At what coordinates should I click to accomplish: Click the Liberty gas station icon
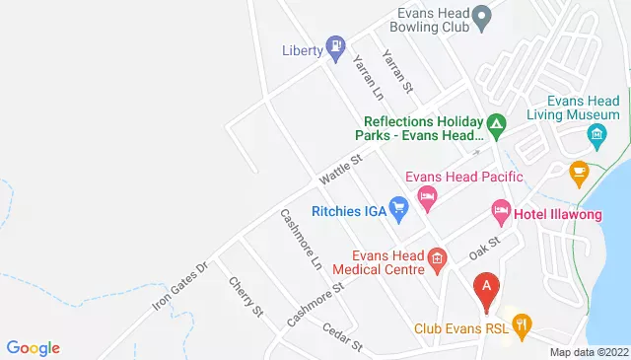pyautogui.click(x=336, y=44)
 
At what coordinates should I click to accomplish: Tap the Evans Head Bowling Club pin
pyautogui.click(x=482, y=15)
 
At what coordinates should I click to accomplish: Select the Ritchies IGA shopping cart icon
pyautogui.click(x=398, y=207)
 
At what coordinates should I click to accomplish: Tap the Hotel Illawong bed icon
pyautogui.click(x=500, y=209)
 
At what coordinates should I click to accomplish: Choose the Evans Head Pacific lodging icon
pyautogui.click(x=427, y=197)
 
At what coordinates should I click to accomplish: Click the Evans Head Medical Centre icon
pyautogui.click(x=439, y=258)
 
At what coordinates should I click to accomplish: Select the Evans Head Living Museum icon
pyautogui.click(x=596, y=133)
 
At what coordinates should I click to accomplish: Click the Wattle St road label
pyautogui.click(x=341, y=170)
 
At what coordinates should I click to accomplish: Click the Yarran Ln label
pyautogui.click(x=368, y=78)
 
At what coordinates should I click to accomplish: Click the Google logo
pyautogui.click(x=33, y=347)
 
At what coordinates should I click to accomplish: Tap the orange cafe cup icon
pyautogui.click(x=579, y=171)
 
